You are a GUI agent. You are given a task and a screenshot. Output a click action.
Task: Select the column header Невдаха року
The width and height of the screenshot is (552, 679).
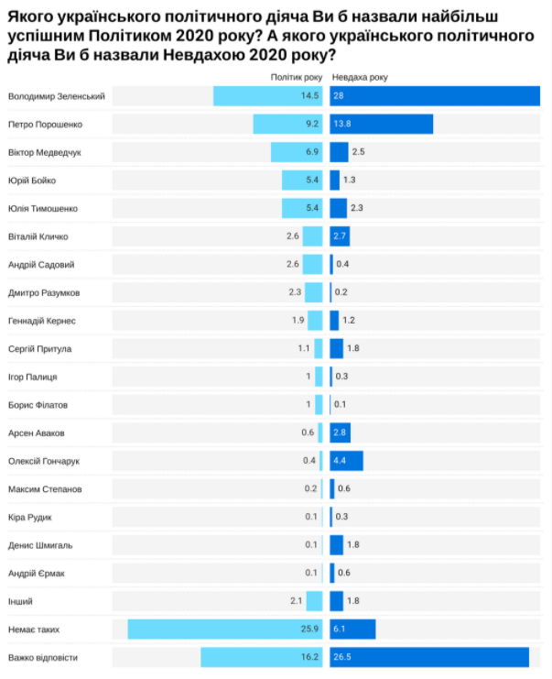tap(359, 77)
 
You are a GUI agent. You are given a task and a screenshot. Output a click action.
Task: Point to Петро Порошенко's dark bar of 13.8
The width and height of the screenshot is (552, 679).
tap(381, 124)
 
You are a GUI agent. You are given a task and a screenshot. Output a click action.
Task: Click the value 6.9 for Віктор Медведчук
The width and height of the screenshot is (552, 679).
tap(310, 152)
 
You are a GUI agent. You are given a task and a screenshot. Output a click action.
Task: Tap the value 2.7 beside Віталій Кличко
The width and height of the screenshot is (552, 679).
tap(340, 236)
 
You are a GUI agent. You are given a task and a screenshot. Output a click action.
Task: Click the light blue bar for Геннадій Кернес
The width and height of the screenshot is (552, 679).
tap(315, 321)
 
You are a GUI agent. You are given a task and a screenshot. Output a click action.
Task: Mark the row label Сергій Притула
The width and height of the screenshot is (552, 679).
tap(39, 348)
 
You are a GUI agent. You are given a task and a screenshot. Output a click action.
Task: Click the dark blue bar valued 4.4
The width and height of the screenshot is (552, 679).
tap(346, 461)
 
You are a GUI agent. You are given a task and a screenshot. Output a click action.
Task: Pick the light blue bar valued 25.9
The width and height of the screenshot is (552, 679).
tap(225, 630)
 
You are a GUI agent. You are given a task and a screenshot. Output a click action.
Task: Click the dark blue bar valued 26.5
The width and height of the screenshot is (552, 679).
tap(429, 658)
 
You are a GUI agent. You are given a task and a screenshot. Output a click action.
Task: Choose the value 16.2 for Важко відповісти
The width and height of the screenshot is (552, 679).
tap(308, 658)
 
